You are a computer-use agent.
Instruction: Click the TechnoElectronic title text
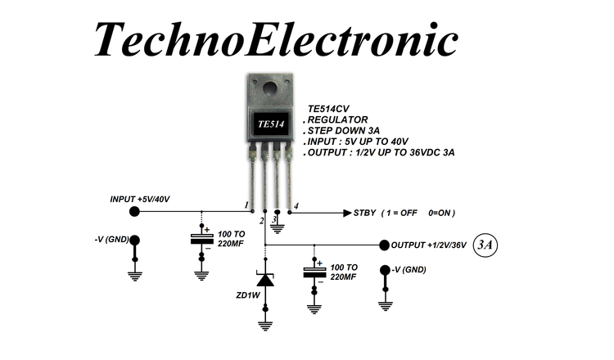[x=274, y=38]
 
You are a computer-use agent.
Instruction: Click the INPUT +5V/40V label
[x=140, y=199]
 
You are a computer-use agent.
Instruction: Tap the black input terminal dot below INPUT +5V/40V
[x=135, y=212]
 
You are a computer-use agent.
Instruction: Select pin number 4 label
[x=296, y=205]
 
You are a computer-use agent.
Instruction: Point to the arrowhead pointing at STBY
[x=346, y=213]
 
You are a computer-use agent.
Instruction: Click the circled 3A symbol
[x=485, y=244]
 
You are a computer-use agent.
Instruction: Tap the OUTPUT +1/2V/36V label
[x=428, y=245]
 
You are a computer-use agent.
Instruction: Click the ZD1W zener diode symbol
[x=265, y=281]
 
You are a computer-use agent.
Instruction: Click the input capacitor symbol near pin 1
[x=201, y=239]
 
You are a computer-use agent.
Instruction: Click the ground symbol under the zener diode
[x=265, y=326]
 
